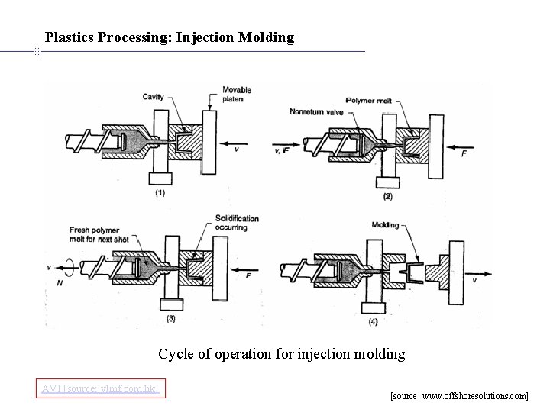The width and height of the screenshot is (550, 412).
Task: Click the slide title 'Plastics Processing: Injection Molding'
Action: pos(169,37)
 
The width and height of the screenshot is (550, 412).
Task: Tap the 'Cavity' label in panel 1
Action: pos(153,96)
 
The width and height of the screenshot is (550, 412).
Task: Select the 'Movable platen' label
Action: pos(237,94)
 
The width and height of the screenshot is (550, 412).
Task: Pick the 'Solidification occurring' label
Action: pos(237,224)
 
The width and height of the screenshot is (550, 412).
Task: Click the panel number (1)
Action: pos(160,193)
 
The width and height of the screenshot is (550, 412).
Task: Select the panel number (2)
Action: pos(387,196)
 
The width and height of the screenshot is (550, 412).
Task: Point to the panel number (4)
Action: pos(372,321)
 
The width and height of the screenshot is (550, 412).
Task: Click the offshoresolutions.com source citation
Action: pos(458,397)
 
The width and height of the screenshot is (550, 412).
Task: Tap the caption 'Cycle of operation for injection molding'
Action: pos(281,354)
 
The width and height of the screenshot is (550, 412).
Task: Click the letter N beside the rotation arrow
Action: pos(60,283)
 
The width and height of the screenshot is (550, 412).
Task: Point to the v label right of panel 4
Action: pos(474,280)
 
